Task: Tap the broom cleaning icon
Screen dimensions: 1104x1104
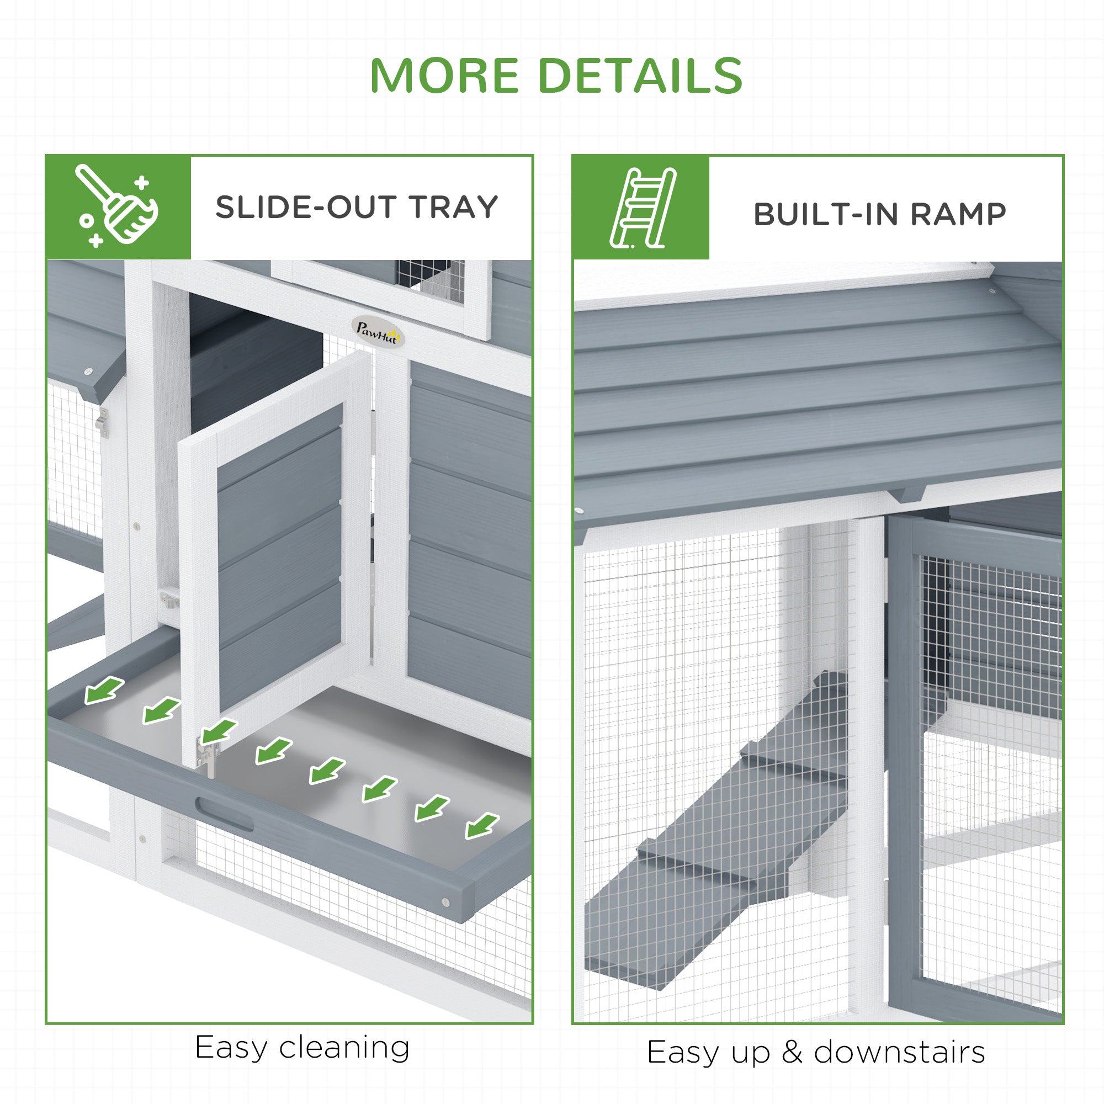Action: (118, 206)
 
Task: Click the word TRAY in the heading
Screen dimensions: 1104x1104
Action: (453, 207)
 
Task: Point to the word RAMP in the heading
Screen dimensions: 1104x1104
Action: (958, 214)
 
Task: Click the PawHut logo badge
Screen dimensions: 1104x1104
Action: (376, 331)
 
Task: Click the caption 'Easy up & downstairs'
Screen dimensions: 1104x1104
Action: (815, 1052)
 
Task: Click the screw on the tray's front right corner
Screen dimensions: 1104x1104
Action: (445, 903)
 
